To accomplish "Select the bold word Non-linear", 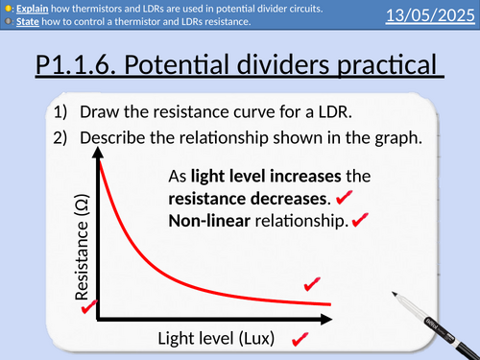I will pos(204,221).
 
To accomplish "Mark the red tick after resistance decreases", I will pos(344,200).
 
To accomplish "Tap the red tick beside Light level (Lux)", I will pos(298,338).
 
